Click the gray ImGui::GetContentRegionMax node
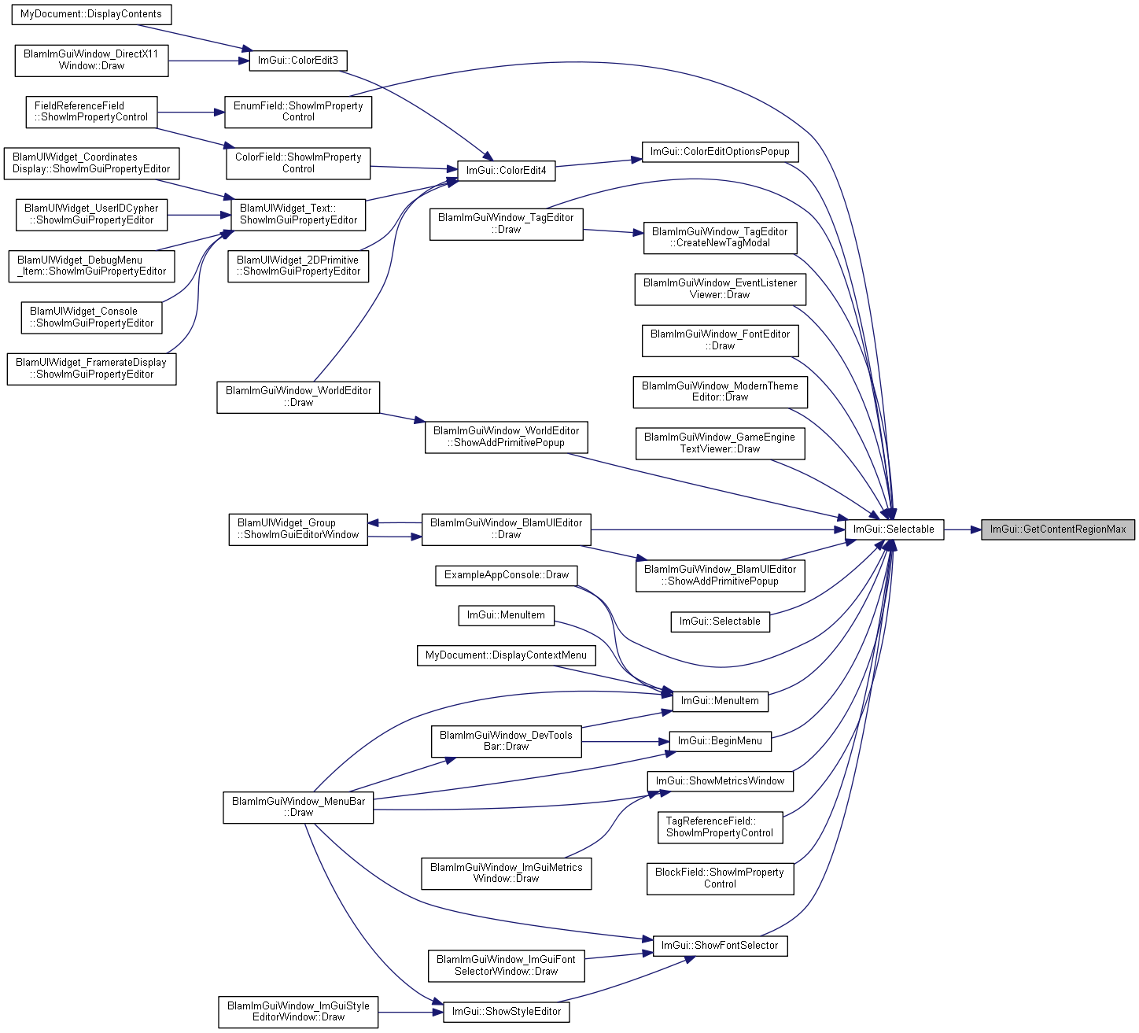click(1058, 529)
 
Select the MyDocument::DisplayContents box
click(91, 14)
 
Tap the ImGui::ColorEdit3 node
click(298, 61)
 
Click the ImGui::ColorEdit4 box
click(507, 171)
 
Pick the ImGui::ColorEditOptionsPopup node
click(720, 152)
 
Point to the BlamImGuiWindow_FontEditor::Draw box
click(720, 341)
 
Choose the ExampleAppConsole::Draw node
click(507, 575)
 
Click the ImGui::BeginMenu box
click(720, 741)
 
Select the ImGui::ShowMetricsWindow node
click(720, 781)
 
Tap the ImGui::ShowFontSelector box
click(720, 946)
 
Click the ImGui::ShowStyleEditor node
click(507, 1012)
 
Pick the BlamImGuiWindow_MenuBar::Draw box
click(298, 807)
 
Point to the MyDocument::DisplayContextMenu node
click(507, 655)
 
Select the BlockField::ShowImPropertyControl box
click(720, 879)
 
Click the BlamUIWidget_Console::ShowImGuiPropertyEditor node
click(91, 318)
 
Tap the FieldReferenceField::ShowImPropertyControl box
click(91, 112)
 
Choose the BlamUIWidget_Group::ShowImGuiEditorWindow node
click(298, 529)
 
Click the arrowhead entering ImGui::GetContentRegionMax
click(976, 529)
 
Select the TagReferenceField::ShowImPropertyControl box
click(720, 828)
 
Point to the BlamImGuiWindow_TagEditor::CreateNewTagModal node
click(720, 238)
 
